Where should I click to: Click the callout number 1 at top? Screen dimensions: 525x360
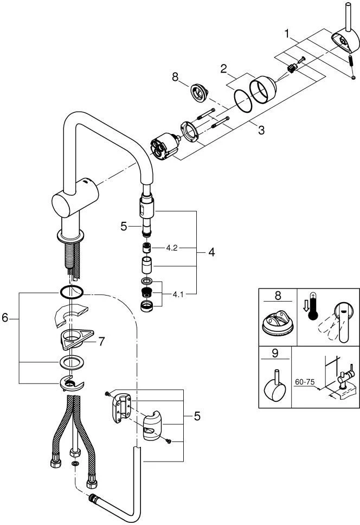tap(287, 34)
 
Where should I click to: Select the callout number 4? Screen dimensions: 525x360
tap(211, 252)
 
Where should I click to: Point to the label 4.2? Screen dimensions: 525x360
tap(172, 247)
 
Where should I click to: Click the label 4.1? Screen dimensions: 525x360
tap(178, 295)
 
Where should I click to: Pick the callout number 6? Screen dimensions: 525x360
tap(5, 318)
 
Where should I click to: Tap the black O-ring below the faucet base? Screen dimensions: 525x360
tap(70, 292)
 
